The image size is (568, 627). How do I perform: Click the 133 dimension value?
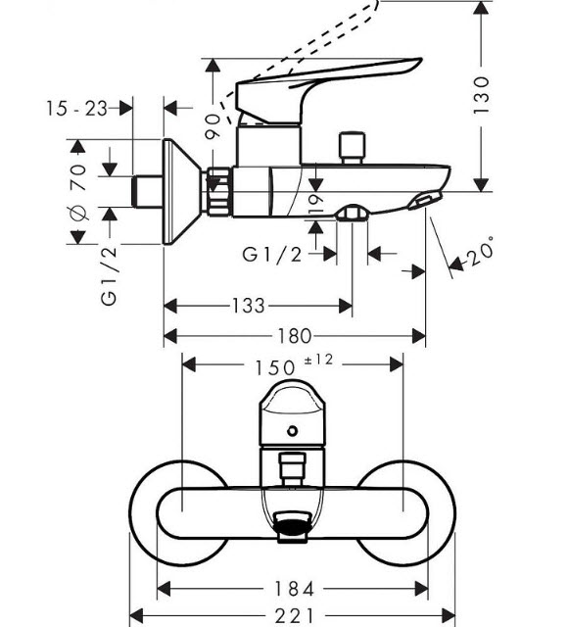coord(248,307)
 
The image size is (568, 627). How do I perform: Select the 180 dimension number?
coord(294,336)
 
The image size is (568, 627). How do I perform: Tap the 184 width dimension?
coord(294,589)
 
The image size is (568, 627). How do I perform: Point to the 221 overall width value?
coord(294,616)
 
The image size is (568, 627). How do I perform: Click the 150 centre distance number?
coord(275,368)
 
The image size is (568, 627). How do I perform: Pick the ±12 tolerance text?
coord(318,360)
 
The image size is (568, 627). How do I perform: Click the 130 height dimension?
coord(481,96)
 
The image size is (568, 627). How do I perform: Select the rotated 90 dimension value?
coord(213,126)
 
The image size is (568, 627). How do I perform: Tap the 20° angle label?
coord(480,252)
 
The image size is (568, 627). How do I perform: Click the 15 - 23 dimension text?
coord(76,109)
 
